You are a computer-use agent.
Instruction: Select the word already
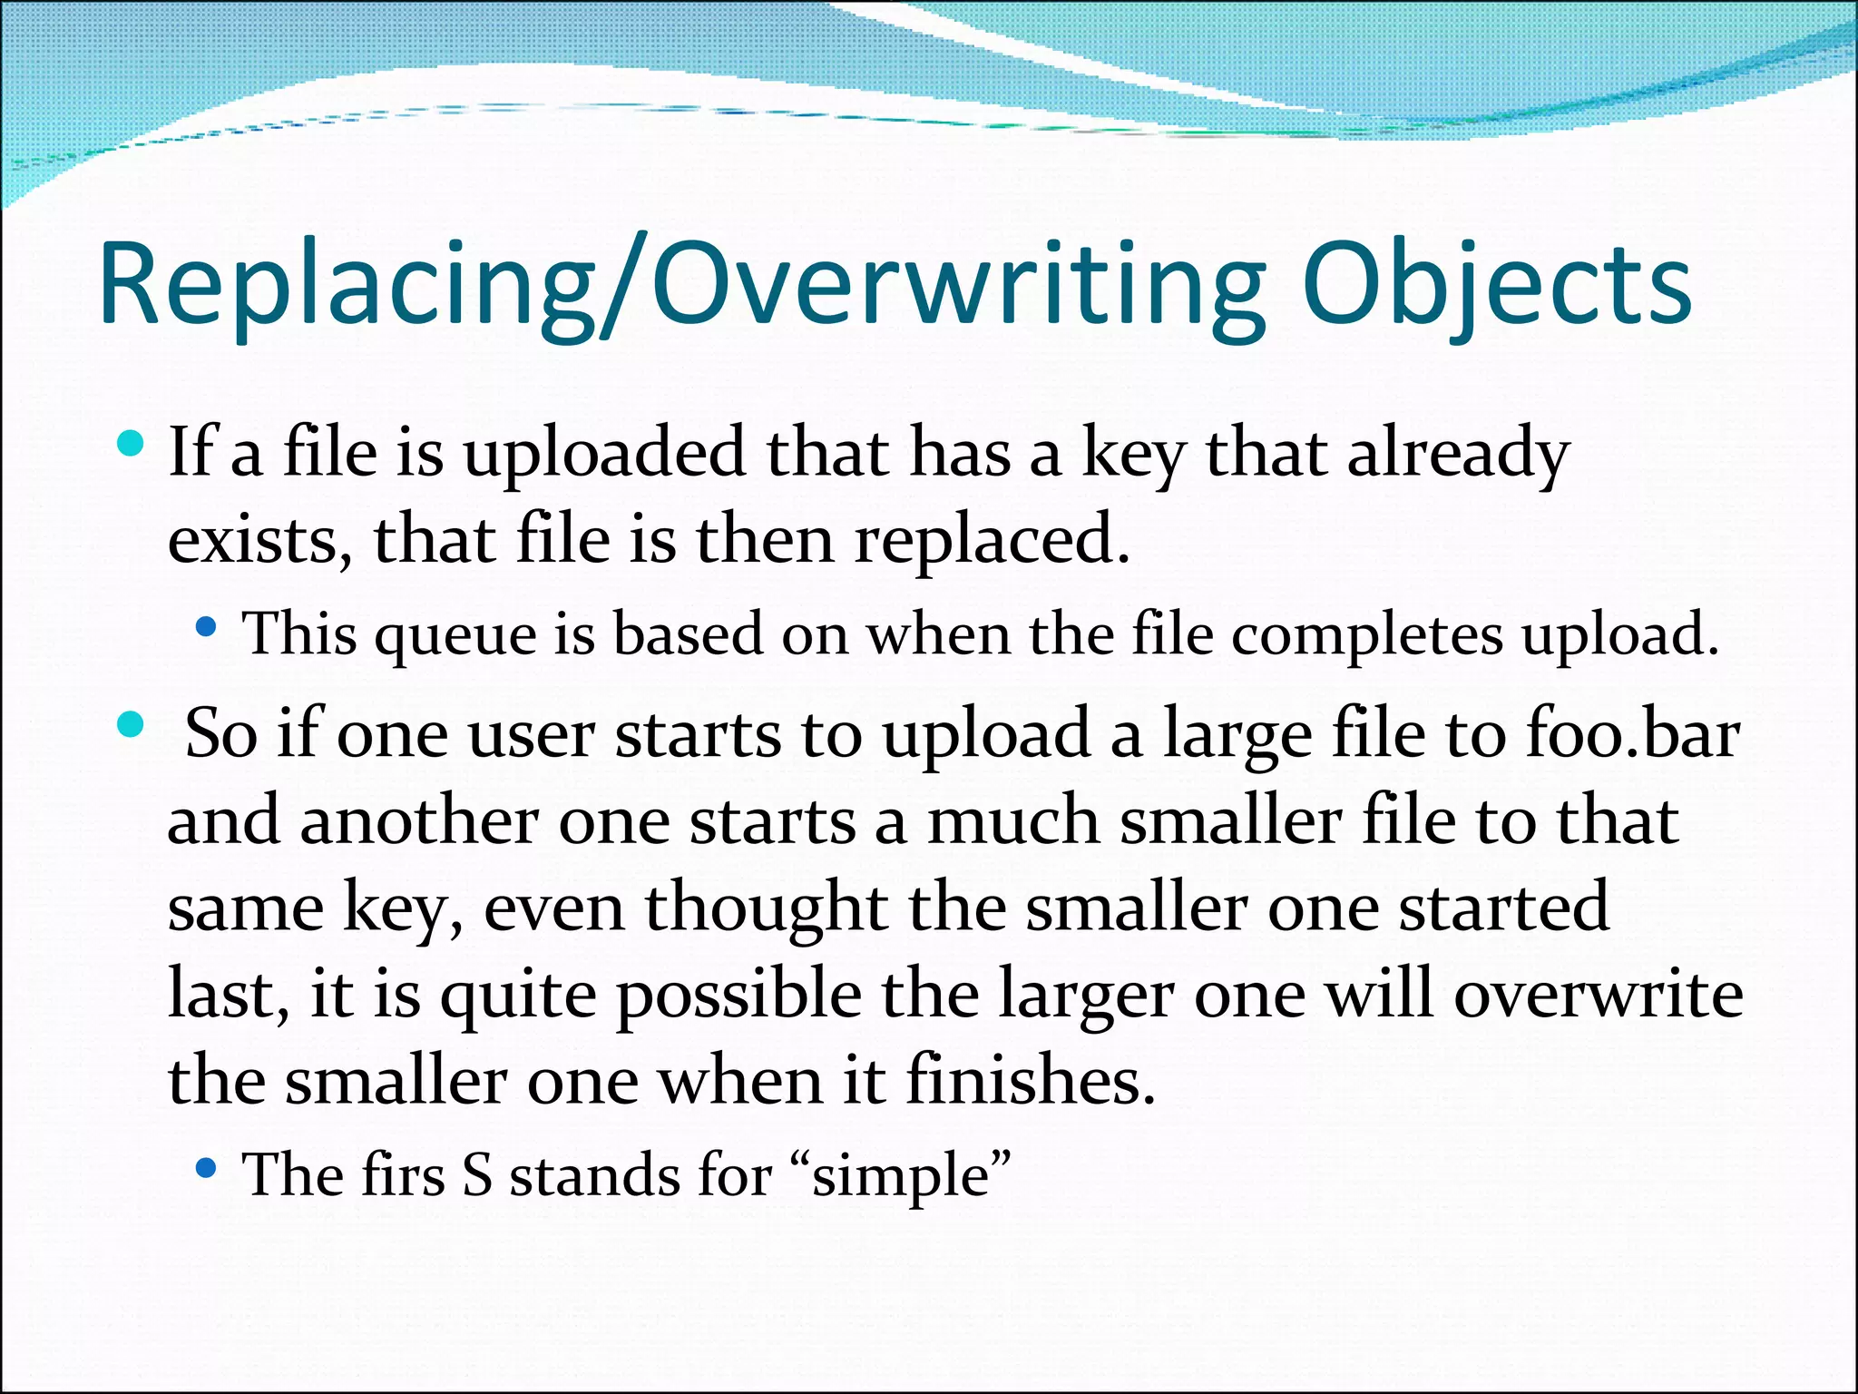(x=1458, y=454)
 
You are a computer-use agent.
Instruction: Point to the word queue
(x=455, y=635)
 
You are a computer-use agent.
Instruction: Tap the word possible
(x=739, y=995)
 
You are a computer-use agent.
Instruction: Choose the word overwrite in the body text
(x=1599, y=995)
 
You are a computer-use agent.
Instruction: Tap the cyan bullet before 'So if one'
(x=132, y=724)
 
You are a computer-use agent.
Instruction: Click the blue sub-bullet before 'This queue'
(x=206, y=626)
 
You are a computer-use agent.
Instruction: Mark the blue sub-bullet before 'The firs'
(x=206, y=1168)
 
